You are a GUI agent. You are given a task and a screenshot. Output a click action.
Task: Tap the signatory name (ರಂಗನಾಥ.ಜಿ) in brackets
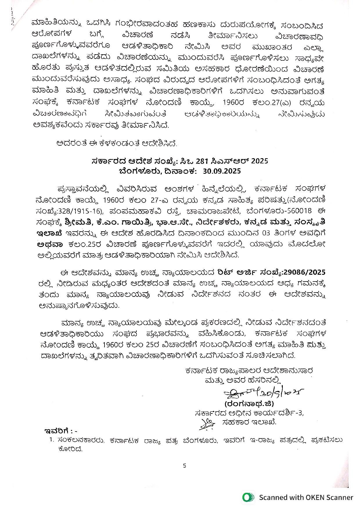tap(249, 404)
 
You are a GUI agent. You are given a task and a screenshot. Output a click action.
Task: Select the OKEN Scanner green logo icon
tap(248, 497)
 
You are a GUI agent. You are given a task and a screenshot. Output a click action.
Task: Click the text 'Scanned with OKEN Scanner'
tap(306, 497)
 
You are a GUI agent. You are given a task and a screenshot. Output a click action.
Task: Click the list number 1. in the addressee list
tap(52, 440)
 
